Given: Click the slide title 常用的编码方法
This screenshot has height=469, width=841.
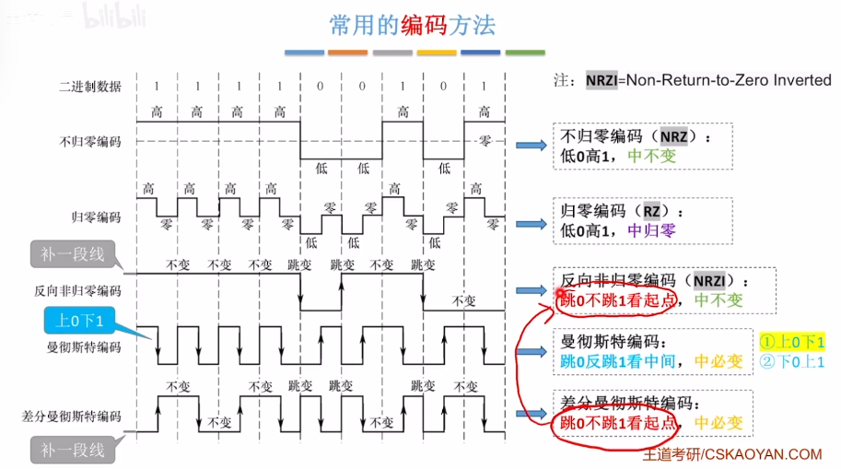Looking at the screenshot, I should [413, 25].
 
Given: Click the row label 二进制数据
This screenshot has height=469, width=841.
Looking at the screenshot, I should [89, 87].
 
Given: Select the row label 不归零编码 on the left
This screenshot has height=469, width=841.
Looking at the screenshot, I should [89, 142].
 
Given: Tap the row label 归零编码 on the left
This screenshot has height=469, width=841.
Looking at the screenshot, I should [96, 217].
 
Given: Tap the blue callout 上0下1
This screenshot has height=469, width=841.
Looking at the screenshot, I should [81, 321].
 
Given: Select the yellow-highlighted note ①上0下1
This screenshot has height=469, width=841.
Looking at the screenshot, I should [792, 341].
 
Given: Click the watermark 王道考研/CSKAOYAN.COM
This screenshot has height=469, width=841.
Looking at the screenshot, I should [732, 453].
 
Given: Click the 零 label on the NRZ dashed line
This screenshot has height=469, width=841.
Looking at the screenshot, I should [485, 141].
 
